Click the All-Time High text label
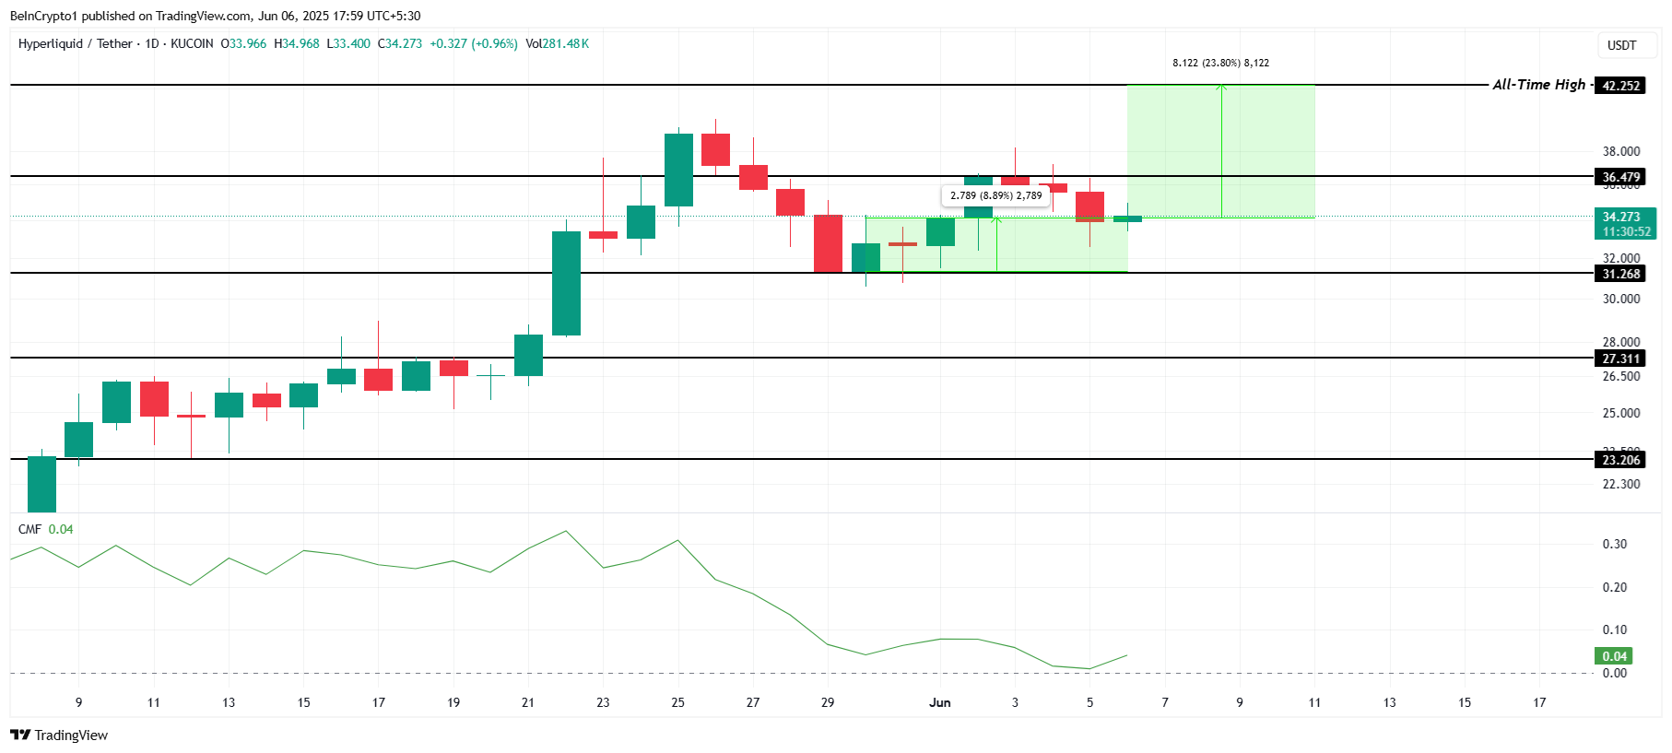click(x=1538, y=85)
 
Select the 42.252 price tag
click(x=1620, y=86)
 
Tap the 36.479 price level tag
click(x=1620, y=177)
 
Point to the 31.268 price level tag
click(x=1620, y=274)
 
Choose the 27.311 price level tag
click(x=1620, y=359)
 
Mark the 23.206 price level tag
click(x=1620, y=460)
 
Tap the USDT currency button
click(x=1621, y=45)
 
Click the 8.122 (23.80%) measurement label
click(x=1220, y=63)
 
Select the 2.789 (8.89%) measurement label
click(x=995, y=195)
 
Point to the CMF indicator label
click(x=30, y=529)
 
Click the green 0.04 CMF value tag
click(x=1614, y=656)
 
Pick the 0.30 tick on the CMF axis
click(x=1614, y=544)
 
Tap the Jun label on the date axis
click(x=939, y=702)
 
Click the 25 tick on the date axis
click(x=677, y=702)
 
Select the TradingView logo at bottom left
click(x=59, y=735)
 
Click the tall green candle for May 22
click(x=566, y=283)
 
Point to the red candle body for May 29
click(x=828, y=243)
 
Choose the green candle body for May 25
click(x=678, y=170)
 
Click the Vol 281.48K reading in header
click(x=557, y=43)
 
